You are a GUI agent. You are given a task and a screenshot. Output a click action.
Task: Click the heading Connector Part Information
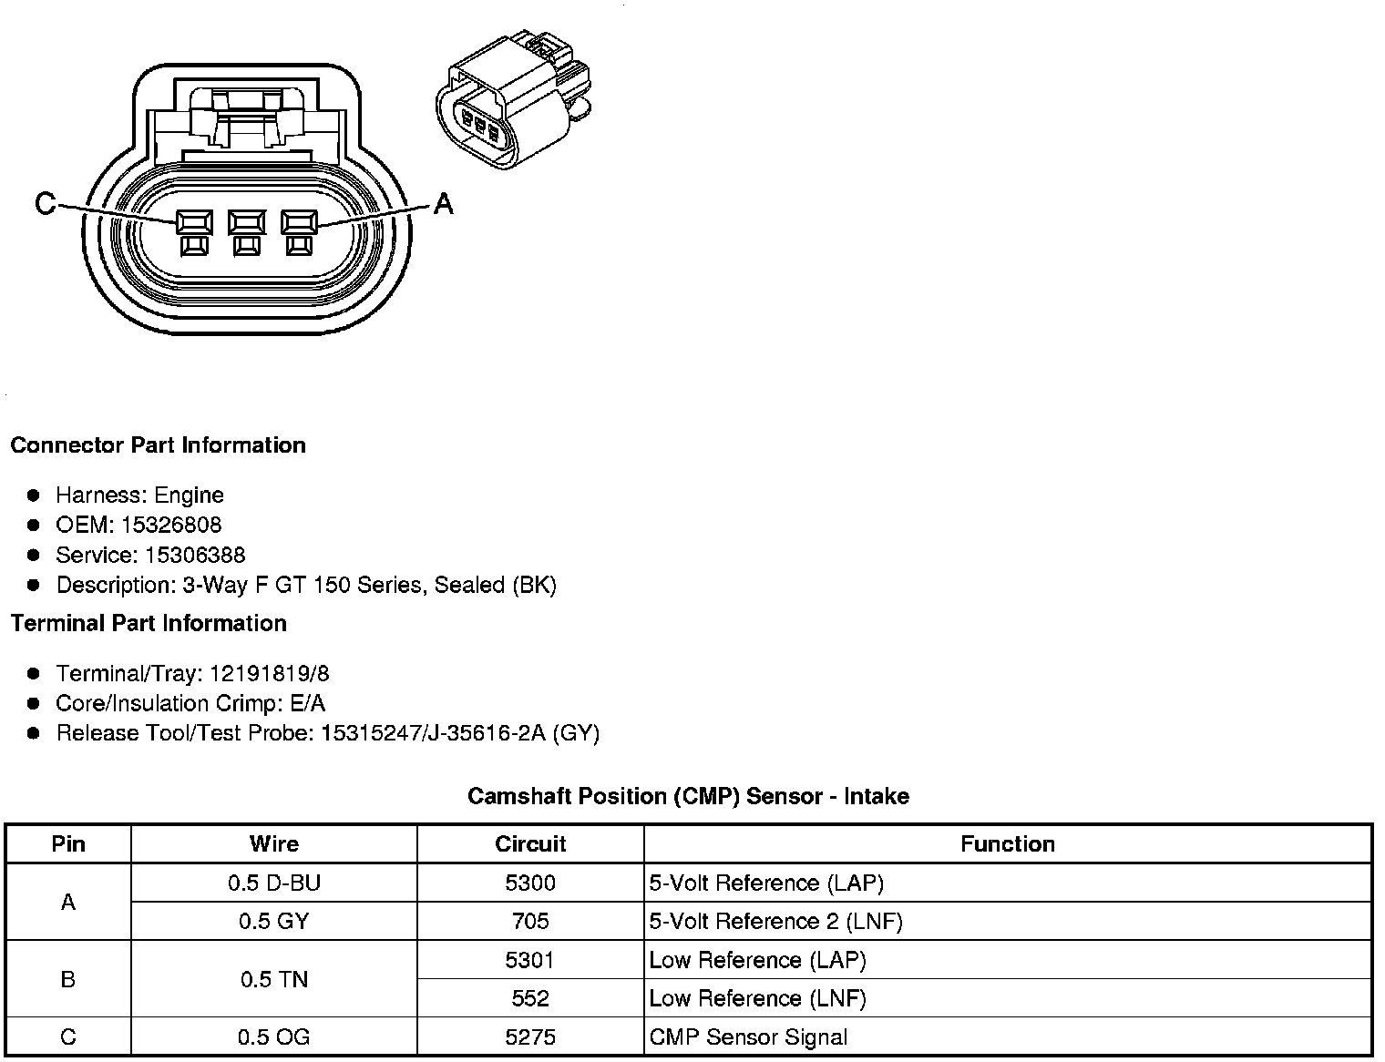pyautogui.click(x=158, y=445)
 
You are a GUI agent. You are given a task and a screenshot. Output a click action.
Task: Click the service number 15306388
pyautogui.click(x=195, y=555)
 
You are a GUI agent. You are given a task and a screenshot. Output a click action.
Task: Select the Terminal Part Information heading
pyautogui.click(x=149, y=623)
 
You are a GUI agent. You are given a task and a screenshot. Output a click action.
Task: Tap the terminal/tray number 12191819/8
pyautogui.click(x=270, y=674)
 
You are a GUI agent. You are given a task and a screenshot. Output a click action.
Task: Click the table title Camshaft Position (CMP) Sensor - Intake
pyautogui.click(x=688, y=796)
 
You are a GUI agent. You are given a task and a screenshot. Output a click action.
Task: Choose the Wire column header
pyautogui.click(x=274, y=844)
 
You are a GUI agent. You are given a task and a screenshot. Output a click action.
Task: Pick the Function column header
pyautogui.click(x=1007, y=844)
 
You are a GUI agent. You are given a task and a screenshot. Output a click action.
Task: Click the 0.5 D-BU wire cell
pyautogui.click(x=274, y=883)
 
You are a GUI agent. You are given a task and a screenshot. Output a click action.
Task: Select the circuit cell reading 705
pyautogui.click(x=530, y=922)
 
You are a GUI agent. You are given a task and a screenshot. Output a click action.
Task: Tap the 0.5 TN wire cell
pyautogui.click(x=274, y=979)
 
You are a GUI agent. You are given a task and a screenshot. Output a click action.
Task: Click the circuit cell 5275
pyautogui.click(x=530, y=1036)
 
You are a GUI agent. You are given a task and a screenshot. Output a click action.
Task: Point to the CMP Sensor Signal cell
pyautogui.click(x=748, y=1036)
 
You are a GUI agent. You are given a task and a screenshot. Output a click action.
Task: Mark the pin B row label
pyautogui.click(x=68, y=979)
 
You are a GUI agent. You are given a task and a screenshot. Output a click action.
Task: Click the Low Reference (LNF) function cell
pyautogui.click(x=757, y=998)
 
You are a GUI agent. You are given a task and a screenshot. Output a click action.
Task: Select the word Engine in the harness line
pyautogui.click(x=189, y=495)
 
